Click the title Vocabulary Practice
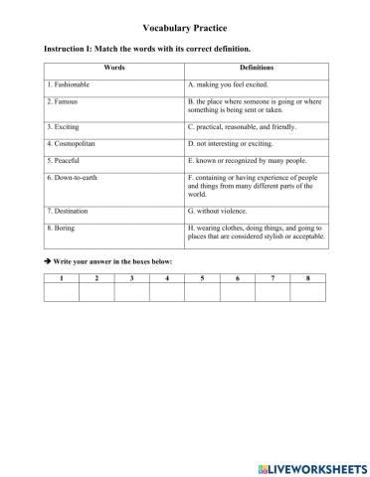pyautogui.click(x=184, y=29)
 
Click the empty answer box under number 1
pyautogui.click(x=62, y=292)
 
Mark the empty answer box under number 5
pyautogui.click(x=202, y=292)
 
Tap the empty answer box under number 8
pyautogui.click(x=308, y=292)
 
